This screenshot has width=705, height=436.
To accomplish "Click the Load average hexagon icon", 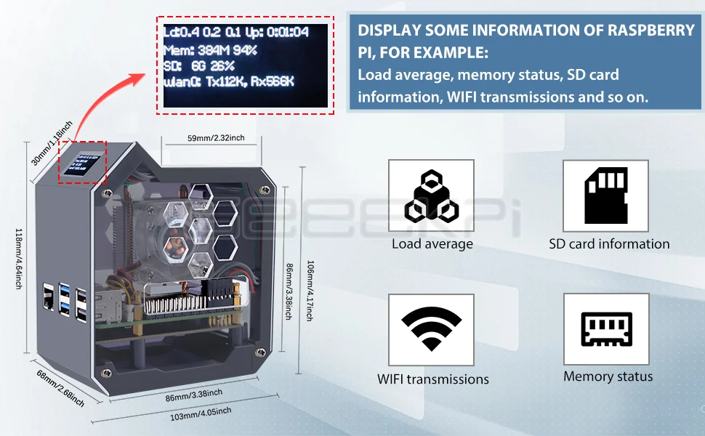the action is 431,196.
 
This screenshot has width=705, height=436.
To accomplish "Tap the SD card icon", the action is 605,195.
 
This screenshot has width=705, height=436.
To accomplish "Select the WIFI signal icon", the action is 431,329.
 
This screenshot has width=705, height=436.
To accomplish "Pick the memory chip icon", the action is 605,329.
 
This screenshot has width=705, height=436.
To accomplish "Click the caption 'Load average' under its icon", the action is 432,244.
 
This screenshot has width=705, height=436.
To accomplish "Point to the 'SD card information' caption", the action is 609,244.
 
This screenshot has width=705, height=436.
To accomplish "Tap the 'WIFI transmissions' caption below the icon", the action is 433,379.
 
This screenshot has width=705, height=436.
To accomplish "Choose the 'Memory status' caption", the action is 608,376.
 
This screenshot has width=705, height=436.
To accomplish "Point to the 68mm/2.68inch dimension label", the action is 59,388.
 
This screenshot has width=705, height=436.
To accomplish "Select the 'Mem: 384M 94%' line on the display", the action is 211,51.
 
